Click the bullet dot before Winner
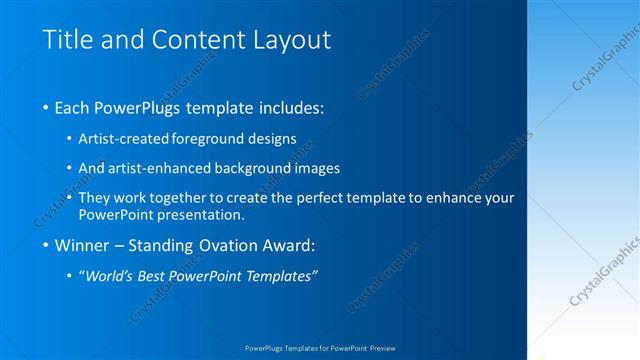tap(47, 245)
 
